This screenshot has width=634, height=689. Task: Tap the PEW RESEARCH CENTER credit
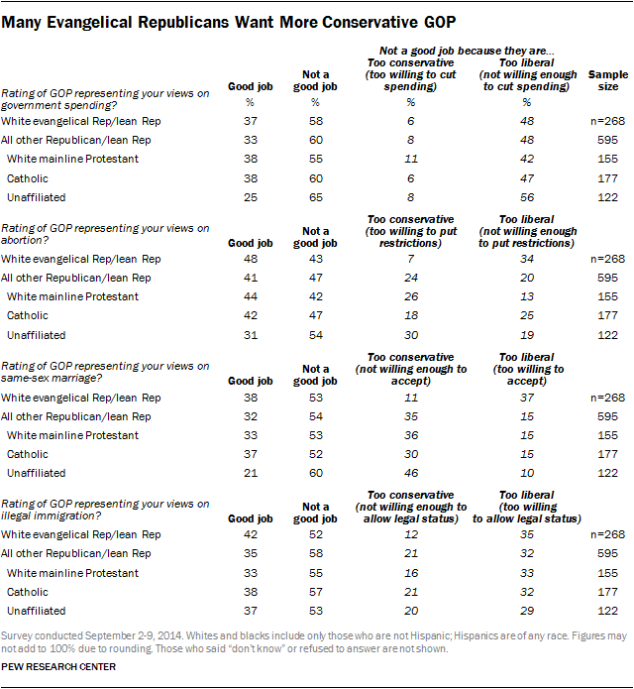[60, 667]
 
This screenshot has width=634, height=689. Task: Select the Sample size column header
[601, 81]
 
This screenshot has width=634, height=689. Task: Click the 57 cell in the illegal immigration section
[314, 592]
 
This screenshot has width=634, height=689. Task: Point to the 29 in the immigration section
[526, 611]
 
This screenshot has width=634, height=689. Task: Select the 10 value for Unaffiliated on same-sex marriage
[526, 473]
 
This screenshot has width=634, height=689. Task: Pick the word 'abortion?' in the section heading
[25, 240]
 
